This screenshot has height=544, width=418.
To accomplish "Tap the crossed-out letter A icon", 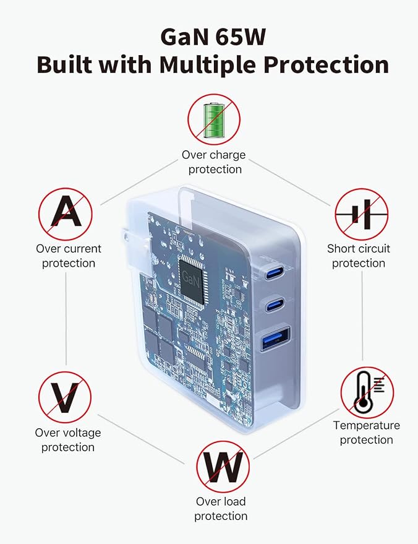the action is pos(66,214).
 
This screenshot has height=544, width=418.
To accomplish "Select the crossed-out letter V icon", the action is pos(65,397).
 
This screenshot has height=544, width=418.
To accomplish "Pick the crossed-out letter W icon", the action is pos(223,467).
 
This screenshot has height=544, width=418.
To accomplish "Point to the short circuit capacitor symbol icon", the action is pos(362,214).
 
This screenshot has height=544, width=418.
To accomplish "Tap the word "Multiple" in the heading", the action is pos(207,65).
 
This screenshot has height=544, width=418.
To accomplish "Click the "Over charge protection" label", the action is pos(214,162).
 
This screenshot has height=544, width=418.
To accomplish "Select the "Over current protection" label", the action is pos(69,256).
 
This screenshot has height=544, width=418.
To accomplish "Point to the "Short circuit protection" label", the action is pos(359,256).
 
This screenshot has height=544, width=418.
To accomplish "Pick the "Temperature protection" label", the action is pos(366,433).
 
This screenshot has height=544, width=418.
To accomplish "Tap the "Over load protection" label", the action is pos(221,509).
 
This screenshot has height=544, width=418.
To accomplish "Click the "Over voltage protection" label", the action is pos(68,439).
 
